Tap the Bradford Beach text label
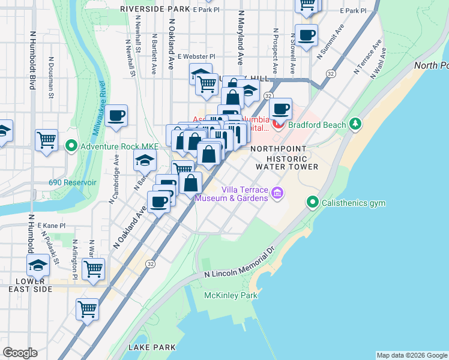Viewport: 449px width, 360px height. point(317,125)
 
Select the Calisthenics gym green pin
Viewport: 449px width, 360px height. point(312,203)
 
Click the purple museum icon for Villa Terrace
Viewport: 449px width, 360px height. point(277,193)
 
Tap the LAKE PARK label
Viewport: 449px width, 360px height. point(152,347)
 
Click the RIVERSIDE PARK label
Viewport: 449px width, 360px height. point(155,10)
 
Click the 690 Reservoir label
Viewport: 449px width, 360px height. point(73,182)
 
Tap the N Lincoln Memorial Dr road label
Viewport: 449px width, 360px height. point(239,265)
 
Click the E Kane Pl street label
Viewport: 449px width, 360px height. point(51,226)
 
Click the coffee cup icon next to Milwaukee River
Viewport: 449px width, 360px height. point(116,115)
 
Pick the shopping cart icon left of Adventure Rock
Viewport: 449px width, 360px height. point(46,140)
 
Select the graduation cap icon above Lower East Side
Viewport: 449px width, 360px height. point(38,265)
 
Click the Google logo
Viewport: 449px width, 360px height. point(20,353)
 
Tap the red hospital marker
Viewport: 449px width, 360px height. point(278,125)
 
